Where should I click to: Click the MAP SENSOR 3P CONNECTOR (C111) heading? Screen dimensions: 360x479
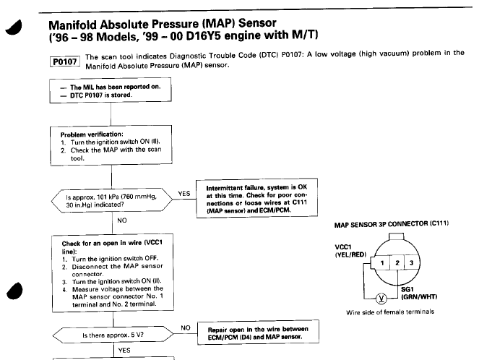[389, 223]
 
